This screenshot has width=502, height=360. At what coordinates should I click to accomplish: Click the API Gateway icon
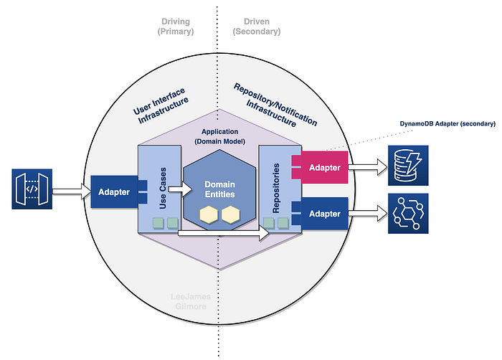coord(32,189)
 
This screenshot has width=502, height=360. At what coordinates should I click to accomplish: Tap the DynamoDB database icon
coord(408,166)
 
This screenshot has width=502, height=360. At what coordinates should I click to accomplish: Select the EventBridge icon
coord(408,213)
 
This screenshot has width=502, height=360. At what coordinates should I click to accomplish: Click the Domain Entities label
coord(220,189)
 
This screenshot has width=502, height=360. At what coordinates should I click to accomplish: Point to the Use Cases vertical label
coord(163,189)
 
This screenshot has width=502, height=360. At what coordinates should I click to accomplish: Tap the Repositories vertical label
coord(275,189)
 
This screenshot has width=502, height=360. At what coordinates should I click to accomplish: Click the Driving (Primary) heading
coord(176,27)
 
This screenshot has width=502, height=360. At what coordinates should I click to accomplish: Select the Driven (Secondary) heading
coord(257,27)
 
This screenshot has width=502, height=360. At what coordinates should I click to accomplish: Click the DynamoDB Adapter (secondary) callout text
coord(447,123)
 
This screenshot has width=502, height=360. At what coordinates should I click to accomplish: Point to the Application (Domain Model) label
coord(220,136)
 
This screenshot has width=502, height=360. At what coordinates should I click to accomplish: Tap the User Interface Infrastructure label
coord(161,105)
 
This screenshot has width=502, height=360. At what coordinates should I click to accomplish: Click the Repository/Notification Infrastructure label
coord(275,105)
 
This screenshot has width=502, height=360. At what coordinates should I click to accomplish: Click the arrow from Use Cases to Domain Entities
coord(180,189)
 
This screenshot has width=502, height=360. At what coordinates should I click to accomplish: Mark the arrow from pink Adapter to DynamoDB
coord(368,167)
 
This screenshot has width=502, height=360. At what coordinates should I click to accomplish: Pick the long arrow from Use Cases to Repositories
coord(224,233)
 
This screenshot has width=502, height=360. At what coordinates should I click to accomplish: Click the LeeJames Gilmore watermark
coord(191,301)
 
